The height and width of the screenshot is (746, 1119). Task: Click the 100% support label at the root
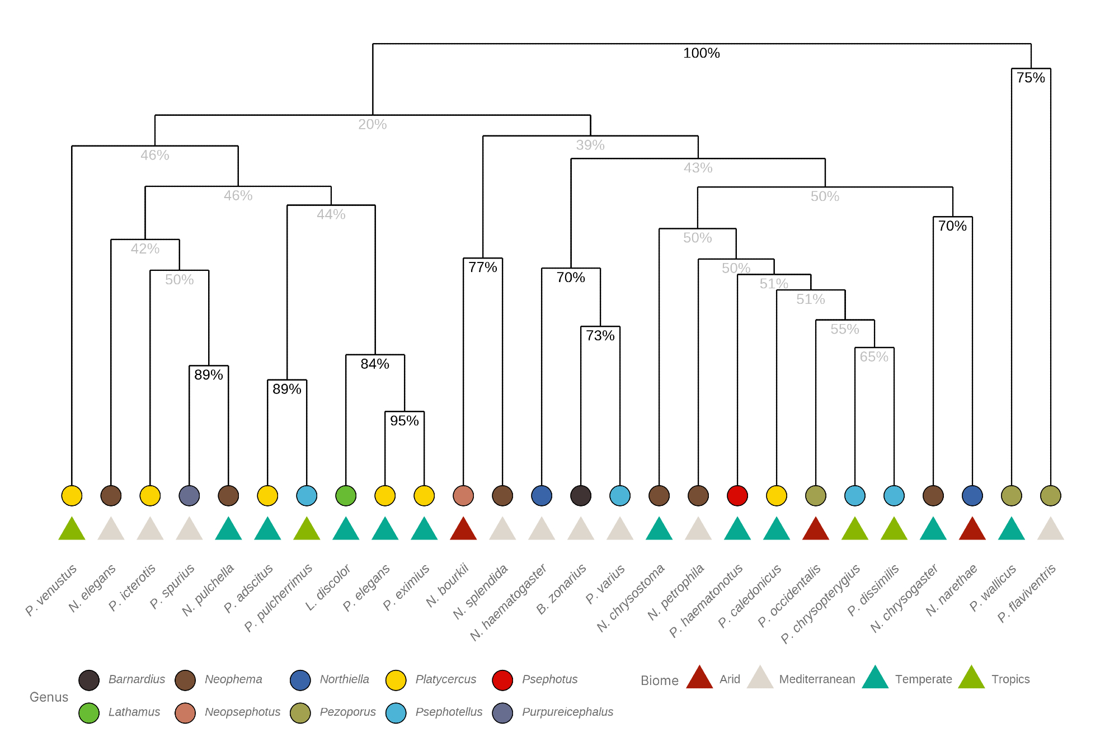click(x=701, y=53)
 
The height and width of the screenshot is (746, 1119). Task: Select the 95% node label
click(x=404, y=421)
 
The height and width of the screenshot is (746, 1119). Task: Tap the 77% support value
click(x=483, y=268)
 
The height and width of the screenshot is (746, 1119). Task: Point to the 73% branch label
click(x=600, y=336)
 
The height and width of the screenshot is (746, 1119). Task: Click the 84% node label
click(x=375, y=364)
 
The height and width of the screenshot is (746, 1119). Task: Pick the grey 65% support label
click(x=874, y=357)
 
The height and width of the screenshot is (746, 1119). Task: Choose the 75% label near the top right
click(x=1031, y=78)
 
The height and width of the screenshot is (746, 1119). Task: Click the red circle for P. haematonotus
click(x=737, y=495)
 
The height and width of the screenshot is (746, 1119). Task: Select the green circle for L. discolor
click(x=346, y=495)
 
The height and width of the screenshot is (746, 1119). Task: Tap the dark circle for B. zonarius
click(x=581, y=495)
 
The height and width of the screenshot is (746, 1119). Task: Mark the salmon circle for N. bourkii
click(x=463, y=495)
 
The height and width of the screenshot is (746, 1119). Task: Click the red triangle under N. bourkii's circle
click(x=463, y=529)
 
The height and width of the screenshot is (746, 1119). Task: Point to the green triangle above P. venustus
click(x=72, y=529)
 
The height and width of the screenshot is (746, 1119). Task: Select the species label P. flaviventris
click(x=1027, y=593)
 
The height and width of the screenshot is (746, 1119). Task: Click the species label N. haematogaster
click(x=508, y=602)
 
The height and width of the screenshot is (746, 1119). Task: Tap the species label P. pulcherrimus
click(x=279, y=598)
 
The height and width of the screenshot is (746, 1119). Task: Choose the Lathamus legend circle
click(x=89, y=713)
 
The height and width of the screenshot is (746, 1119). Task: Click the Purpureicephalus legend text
click(x=567, y=712)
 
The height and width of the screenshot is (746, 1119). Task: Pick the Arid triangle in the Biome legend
click(x=699, y=678)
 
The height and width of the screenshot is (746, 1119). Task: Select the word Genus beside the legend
click(x=49, y=697)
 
